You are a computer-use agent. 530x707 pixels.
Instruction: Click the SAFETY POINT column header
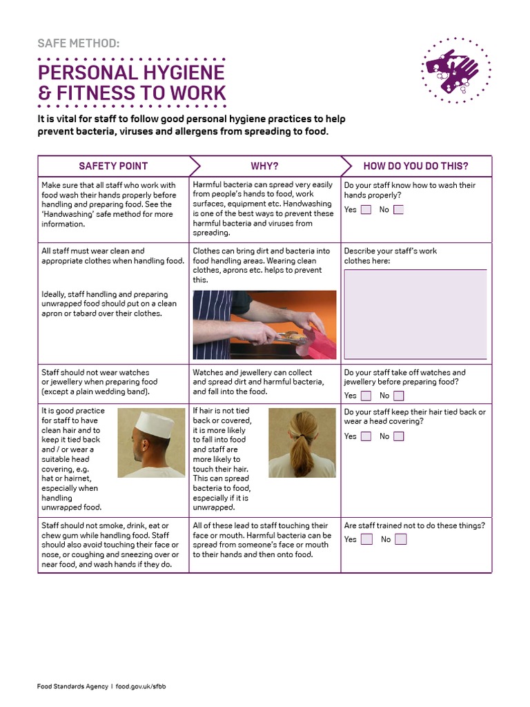113,166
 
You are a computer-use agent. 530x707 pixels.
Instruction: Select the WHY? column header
264,166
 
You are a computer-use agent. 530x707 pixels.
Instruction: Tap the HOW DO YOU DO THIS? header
415,166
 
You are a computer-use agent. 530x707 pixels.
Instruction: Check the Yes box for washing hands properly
366,210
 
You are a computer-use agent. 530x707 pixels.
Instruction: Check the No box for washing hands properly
399,210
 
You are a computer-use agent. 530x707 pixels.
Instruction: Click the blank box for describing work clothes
415,314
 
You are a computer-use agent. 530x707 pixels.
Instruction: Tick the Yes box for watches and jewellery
366,396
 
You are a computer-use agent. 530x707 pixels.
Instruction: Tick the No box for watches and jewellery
399,396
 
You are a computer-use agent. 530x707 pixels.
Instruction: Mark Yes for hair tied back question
366,436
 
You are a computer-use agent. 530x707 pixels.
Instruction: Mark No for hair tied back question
399,436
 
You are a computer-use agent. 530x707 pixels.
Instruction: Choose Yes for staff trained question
366,539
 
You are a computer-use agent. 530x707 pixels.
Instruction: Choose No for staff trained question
400,539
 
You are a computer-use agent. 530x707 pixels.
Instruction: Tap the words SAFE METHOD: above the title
78,43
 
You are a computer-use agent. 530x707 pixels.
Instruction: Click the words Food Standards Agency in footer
72,686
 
